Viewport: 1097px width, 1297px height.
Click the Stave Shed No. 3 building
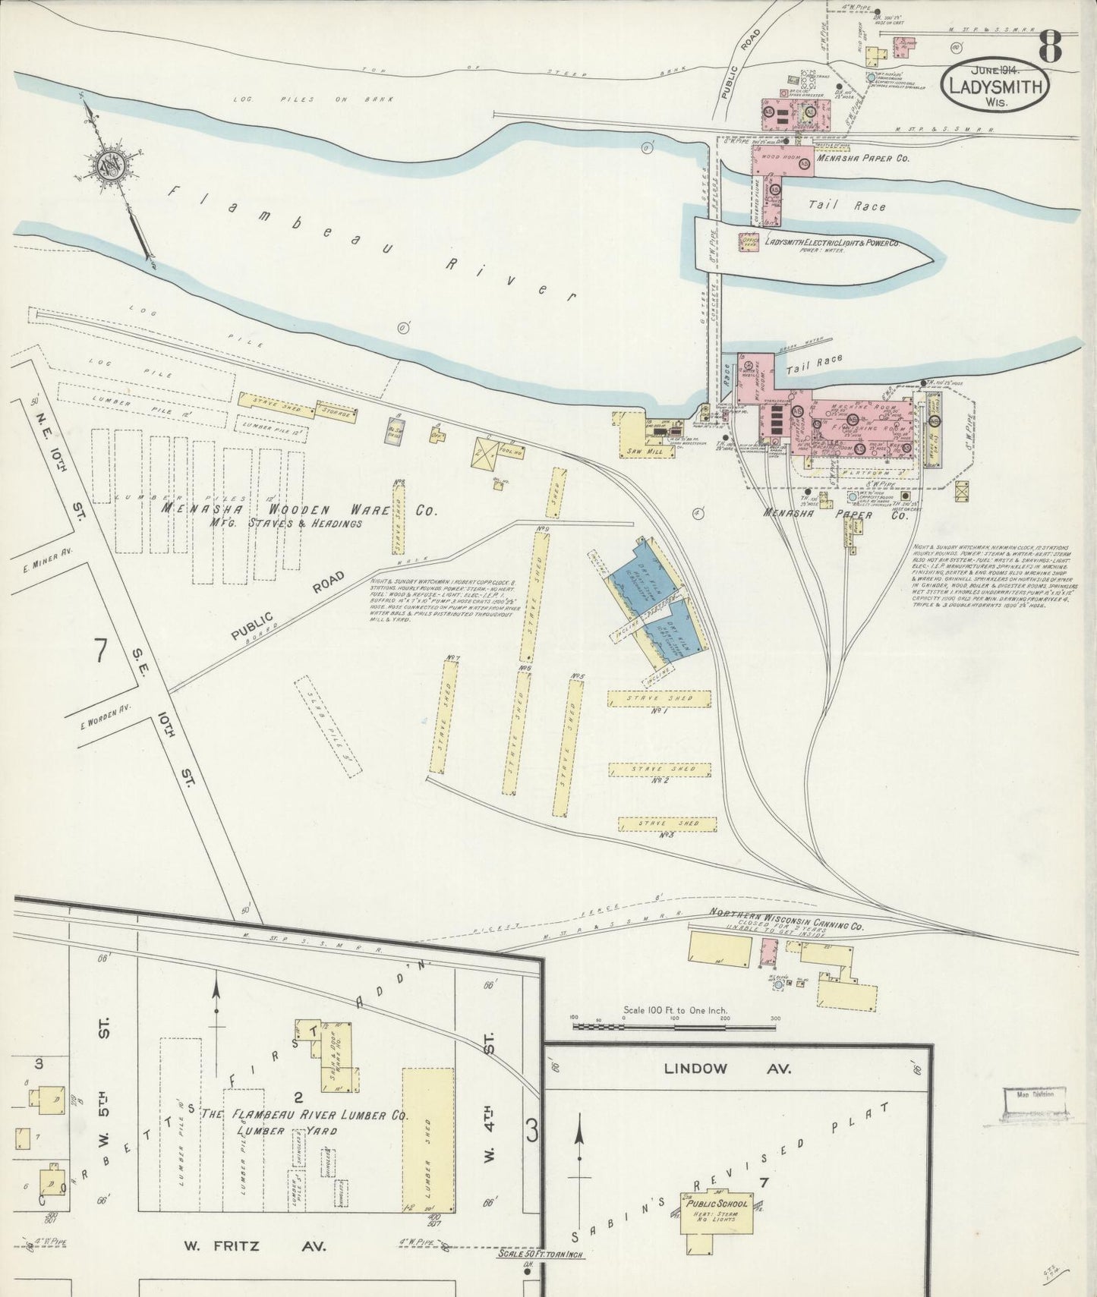coord(667,823)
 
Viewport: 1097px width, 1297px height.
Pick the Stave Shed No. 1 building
coord(659,698)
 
